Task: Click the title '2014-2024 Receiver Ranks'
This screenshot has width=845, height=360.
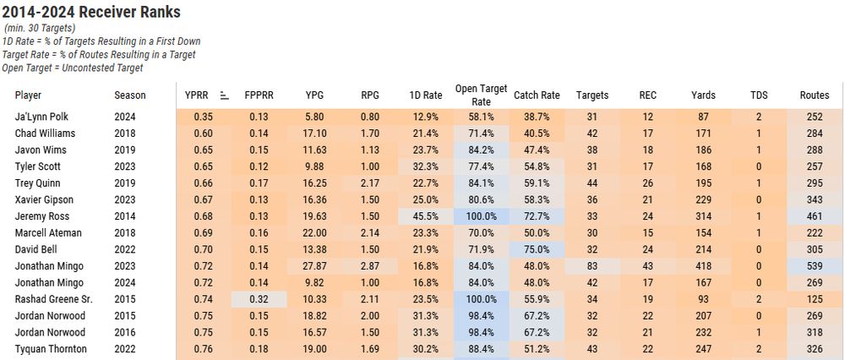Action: [92, 12]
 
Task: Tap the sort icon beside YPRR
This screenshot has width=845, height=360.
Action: [224, 95]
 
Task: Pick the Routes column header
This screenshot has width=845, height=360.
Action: [814, 95]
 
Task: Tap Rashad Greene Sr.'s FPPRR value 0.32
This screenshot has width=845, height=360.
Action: [259, 299]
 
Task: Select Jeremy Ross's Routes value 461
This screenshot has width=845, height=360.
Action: [814, 216]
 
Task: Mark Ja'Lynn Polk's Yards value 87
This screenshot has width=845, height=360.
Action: [703, 117]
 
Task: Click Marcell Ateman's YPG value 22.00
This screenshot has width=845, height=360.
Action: [314, 233]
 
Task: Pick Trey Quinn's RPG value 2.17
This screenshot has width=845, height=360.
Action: [369, 183]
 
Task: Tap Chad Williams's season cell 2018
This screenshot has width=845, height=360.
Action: [125, 134]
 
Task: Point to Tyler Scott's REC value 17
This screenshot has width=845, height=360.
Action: [647, 166]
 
